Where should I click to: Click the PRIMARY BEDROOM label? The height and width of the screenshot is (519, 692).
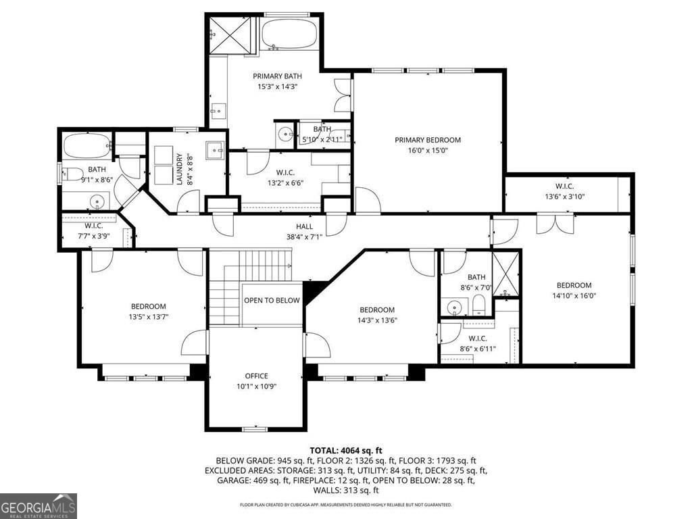[x=428, y=140]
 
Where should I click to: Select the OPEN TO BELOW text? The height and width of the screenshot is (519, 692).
[x=272, y=301]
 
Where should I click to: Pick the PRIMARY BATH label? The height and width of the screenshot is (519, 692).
[x=276, y=76]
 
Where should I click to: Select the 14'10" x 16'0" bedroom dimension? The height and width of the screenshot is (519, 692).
[x=574, y=295]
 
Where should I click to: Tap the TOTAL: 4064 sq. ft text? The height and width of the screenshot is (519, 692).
[x=346, y=450]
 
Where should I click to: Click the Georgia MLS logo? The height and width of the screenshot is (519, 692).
[x=39, y=506]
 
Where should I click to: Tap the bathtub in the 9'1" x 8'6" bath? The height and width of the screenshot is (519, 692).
[x=86, y=145]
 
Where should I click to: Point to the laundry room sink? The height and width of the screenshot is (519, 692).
[x=216, y=149]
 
